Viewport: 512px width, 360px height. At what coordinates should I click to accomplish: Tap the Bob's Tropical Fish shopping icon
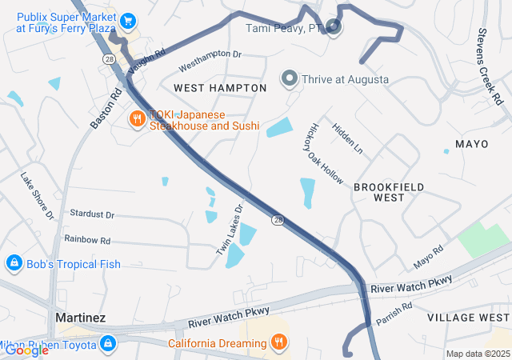pyautogui.click(x=14, y=263)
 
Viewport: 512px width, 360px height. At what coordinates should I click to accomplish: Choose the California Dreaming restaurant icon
pyautogui.click(x=278, y=343)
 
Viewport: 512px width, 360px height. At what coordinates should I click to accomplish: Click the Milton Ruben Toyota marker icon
pyautogui.click(x=108, y=344)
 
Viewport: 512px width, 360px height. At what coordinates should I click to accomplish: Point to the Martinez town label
pyautogui.click(x=80, y=318)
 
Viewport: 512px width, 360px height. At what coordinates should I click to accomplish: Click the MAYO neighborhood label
pyautogui.click(x=471, y=144)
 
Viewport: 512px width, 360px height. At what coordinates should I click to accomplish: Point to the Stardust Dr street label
pyautogui.click(x=92, y=215)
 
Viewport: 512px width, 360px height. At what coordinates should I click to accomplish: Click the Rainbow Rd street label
pyautogui.click(x=87, y=240)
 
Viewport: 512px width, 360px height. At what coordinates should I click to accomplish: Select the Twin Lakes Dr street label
pyautogui.click(x=229, y=231)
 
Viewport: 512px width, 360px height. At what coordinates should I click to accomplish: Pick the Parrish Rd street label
pyautogui.click(x=394, y=311)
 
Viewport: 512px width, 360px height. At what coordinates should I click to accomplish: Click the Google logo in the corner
pyautogui.click(x=26, y=350)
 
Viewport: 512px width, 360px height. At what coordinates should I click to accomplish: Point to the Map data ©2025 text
pyautogui.click(x=477, y=354)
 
